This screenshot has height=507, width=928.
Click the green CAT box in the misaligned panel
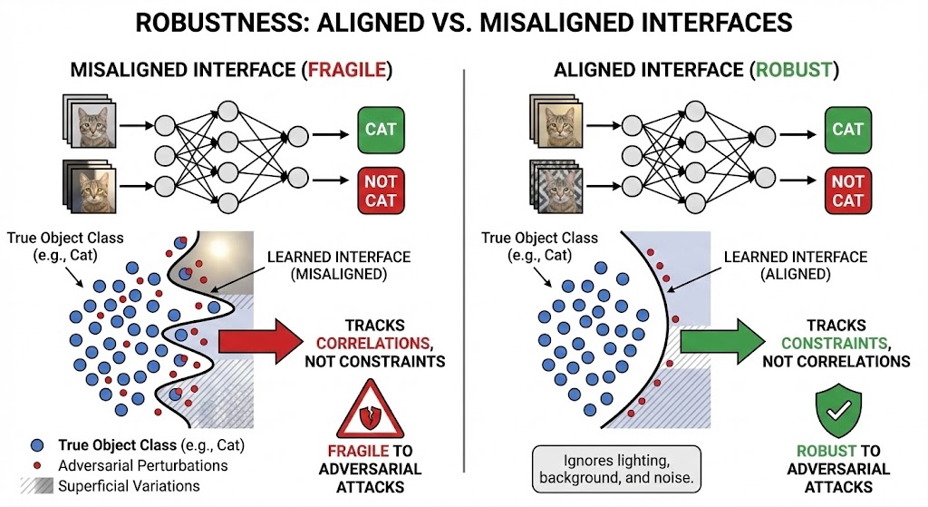381,129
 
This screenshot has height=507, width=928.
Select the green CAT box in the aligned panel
847,129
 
